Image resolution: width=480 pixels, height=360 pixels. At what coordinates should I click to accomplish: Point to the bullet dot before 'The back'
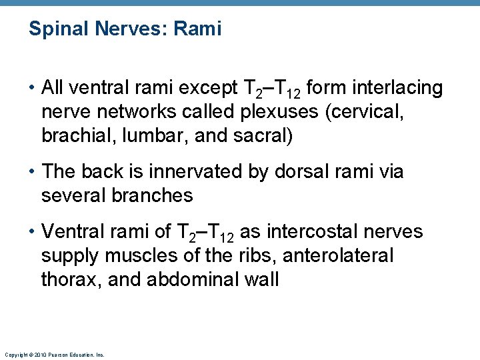coord(32,173)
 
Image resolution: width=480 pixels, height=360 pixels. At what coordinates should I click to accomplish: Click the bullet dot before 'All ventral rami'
coord(32,88)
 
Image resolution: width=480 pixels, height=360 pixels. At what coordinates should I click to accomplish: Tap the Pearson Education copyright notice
coord(54,355)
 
